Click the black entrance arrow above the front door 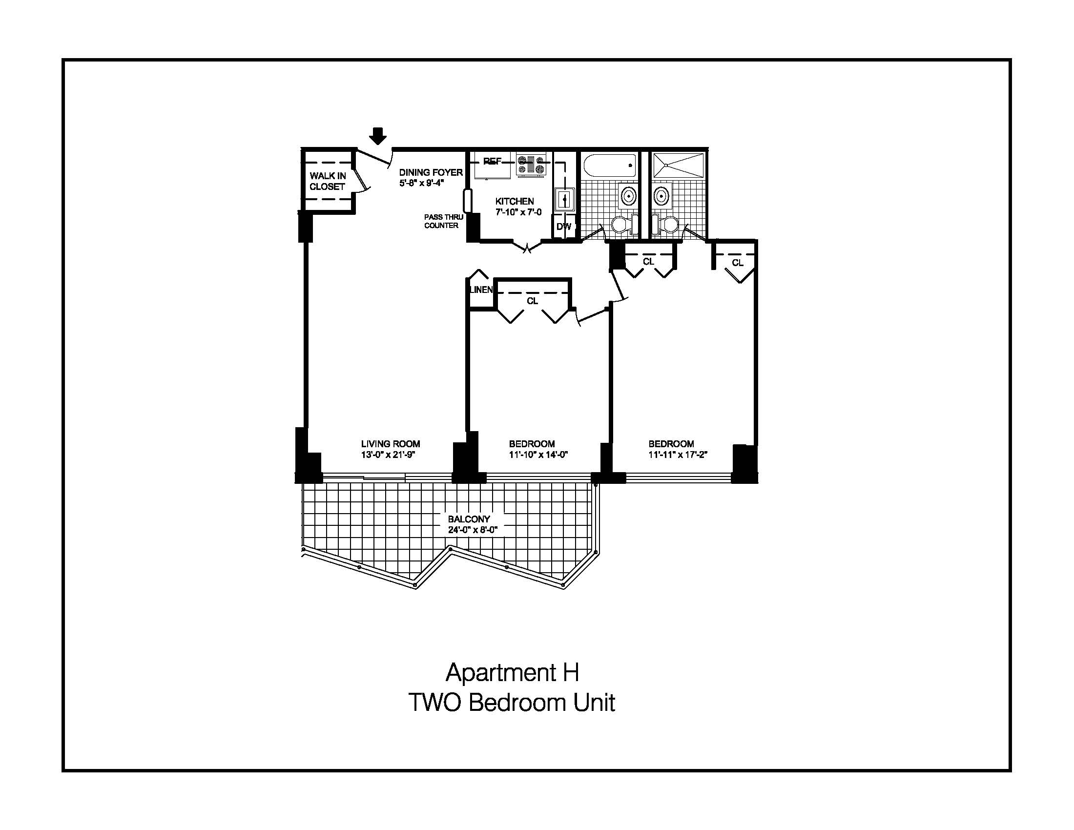[378, 136]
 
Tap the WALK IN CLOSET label [328, 181]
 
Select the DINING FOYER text [431, 172]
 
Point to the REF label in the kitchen [492, 161]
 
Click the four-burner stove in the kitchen [532, 164]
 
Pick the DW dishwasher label [564, 227]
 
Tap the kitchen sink [564, 200]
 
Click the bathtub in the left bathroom [609, 165]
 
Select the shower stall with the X [679, 165]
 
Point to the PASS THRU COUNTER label [444, 221]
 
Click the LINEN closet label [481, 290]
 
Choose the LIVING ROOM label [391, 444]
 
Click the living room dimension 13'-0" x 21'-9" [389, 455]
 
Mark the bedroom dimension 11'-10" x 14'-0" [538, 455]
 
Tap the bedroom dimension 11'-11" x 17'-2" [678, 455]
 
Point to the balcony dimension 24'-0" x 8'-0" [473, 530]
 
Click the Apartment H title [513, 673]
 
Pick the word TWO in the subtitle [434, 703]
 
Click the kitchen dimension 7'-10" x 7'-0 [518, 212]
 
